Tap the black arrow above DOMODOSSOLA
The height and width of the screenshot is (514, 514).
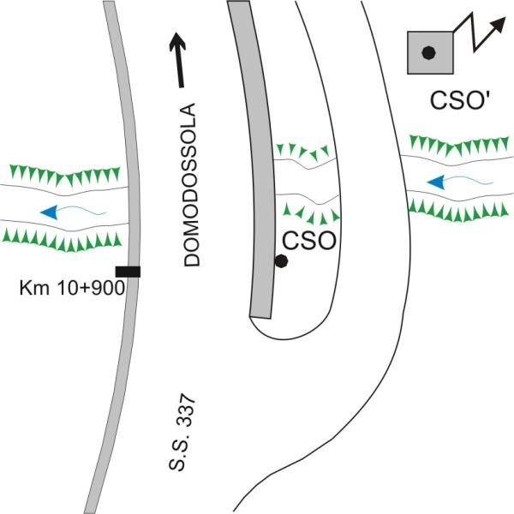click(x=181, y=60)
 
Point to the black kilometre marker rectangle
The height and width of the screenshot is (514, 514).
click(x=128, y=272)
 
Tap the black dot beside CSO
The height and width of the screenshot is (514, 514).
click(x=280, y=261)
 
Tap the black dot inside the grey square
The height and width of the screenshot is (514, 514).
click(x=429, y=53)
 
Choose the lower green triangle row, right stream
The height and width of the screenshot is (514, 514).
click(x=458, y=206)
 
